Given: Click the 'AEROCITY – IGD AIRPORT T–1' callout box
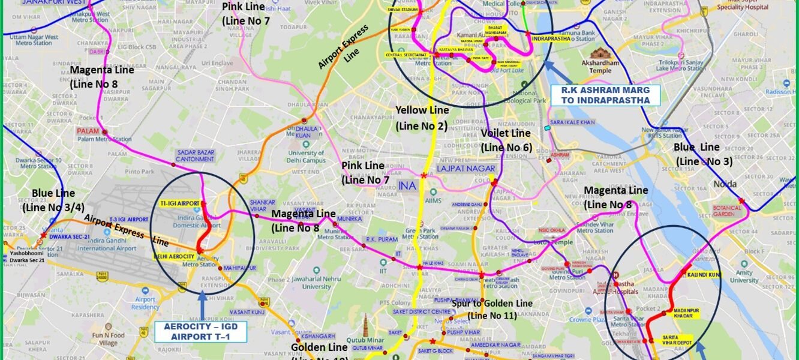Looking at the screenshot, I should point(201,331).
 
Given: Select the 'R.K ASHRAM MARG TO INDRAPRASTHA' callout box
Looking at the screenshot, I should point(605,95).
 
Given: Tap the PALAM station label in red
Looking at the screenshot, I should point(87,131).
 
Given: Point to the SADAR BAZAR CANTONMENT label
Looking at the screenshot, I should point(195,156).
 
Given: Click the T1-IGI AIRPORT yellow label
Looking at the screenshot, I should point(179,204).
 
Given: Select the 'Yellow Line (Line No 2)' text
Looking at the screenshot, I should point(422,118).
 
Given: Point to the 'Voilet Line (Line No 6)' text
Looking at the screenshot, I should point(506,140).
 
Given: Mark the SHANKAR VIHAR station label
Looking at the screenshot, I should point(262,206).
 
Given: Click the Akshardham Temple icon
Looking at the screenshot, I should point(600,55).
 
